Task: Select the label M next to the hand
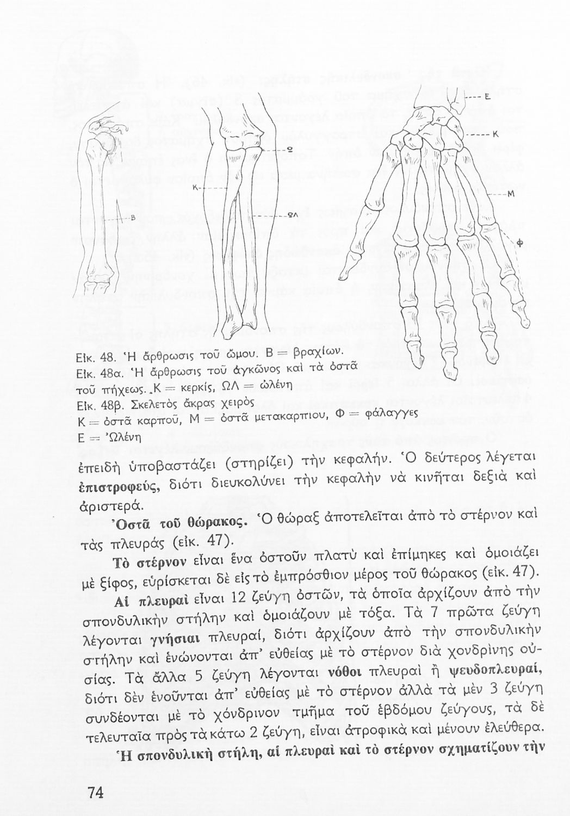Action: point(511,195)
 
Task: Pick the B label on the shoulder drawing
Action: point(132,218)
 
